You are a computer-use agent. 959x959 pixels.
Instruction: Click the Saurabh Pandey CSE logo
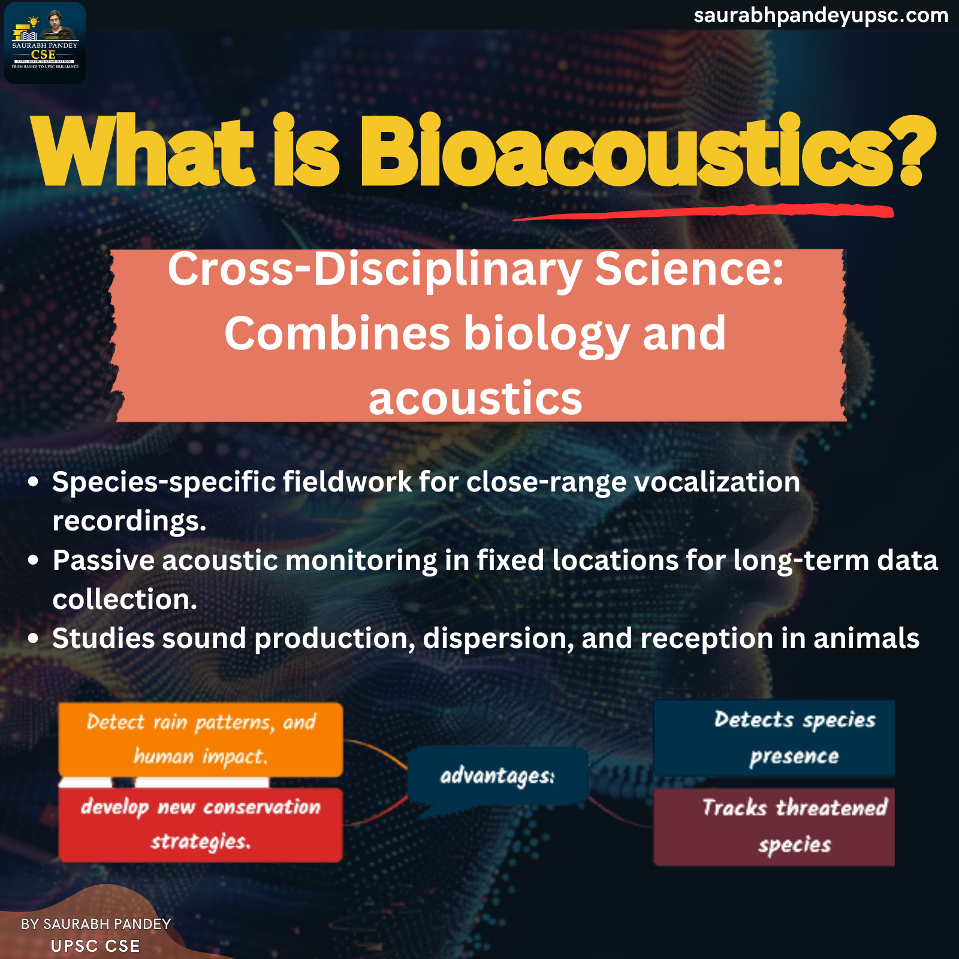(45, 43)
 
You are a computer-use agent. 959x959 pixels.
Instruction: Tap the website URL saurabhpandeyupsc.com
(821, 15)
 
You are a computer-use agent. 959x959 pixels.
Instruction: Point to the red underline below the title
(703, 212)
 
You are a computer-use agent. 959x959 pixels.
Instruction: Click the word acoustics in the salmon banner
(475, 399)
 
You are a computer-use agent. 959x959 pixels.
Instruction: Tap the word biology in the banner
(546, 334)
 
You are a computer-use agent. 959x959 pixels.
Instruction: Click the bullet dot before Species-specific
(34, 482)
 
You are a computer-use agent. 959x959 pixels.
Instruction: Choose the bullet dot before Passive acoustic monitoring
(34, 560)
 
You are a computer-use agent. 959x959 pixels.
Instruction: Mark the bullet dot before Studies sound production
(34, 638)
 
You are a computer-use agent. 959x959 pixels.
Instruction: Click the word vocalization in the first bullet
(717, 482)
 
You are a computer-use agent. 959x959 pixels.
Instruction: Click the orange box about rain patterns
(201, 740)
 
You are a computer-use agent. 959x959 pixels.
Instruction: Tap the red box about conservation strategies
(201, 825)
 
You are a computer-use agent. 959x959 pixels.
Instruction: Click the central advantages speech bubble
(497, 777)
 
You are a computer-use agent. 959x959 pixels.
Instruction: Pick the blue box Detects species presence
(774, 738)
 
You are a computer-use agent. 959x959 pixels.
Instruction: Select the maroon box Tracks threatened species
(774, 827)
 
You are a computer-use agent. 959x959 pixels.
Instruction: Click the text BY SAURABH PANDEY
(96, 924)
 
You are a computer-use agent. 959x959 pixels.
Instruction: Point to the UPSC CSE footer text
(95, 946)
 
